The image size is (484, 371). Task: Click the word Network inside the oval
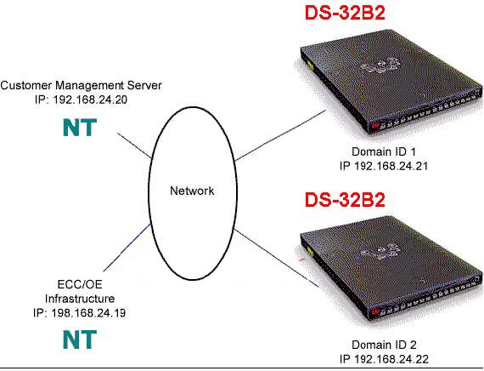[192, 191]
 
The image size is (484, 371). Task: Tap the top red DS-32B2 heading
[345, 13]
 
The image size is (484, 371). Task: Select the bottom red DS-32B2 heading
[345, 200]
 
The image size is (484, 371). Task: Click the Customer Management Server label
[81, 85]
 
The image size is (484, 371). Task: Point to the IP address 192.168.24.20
[90, 100]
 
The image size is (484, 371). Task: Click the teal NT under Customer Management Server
[80, 128]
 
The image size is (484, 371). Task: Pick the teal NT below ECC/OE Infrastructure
[80, 340]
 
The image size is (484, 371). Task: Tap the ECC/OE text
[80, 284]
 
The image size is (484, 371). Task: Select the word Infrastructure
[80, 299]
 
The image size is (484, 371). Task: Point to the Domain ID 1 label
[384, 151]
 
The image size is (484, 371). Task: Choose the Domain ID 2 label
[384, 345]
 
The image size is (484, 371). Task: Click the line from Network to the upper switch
[280, 135]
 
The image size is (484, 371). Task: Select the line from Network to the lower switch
[276, 258]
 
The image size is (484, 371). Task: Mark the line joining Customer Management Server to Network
[134, 146]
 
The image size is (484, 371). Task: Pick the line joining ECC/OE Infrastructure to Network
[127, 248]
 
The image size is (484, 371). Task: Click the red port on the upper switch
[375, 126]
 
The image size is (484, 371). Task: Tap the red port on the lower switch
[375, 311]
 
